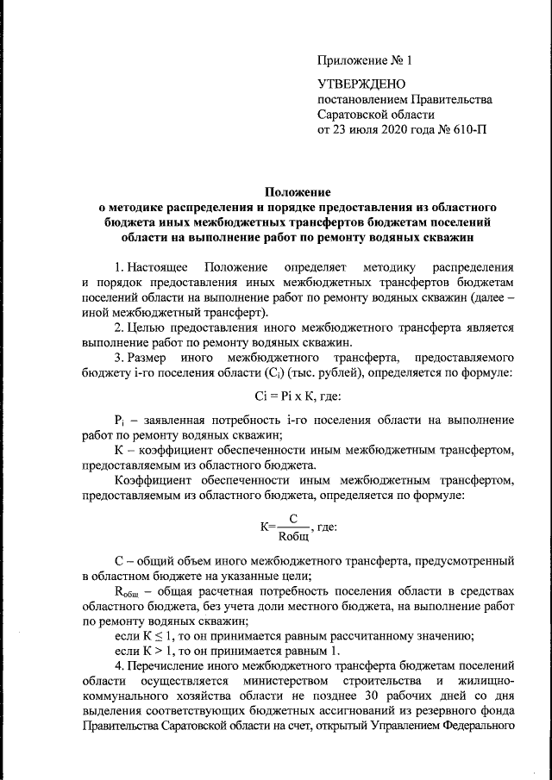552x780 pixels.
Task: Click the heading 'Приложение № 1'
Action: tap(366, 61)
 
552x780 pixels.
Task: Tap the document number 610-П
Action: tap(462, 129)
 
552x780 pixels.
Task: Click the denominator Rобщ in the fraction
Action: tap(293, 534)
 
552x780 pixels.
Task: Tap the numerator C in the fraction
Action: tap(293, 518)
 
